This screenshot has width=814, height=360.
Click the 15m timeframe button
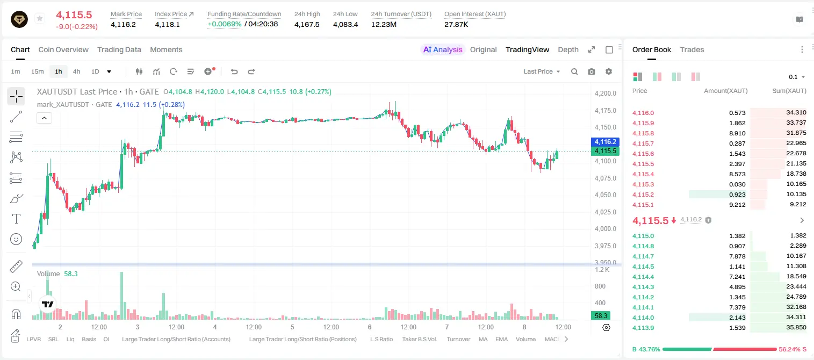[x=38, y=71]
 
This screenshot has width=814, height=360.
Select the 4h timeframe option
[x=76, y=71]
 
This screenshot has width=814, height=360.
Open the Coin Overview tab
[x=63, y=49]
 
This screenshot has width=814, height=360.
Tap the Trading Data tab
[x=119, y=49]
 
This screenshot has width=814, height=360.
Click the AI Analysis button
[x=443, y=49]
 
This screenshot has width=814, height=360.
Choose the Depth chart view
[x=568, y=49]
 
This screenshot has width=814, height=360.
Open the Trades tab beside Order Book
[x=692, y=49]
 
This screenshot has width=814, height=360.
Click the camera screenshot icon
[x=592, y=71]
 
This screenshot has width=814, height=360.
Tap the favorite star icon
[x=40, y=18]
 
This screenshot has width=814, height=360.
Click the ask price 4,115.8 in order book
[x=643, y=133]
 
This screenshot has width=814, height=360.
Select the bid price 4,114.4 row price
[x=643, y=277]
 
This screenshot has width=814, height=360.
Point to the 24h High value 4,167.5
[x=307, y=24]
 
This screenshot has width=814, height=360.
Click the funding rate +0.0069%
[x=224, y=24]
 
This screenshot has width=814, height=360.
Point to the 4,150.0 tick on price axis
[x=606, y=127]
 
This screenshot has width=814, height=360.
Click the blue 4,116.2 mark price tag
[x=605, y=142]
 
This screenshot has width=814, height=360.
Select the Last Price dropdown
[x=542, y=71]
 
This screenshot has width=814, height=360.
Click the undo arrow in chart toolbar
[x=234, y=71]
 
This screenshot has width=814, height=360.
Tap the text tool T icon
[x=16, y=219]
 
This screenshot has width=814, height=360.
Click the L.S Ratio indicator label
[x=381, y=339]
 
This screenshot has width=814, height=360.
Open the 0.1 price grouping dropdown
[x=797, y=77]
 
